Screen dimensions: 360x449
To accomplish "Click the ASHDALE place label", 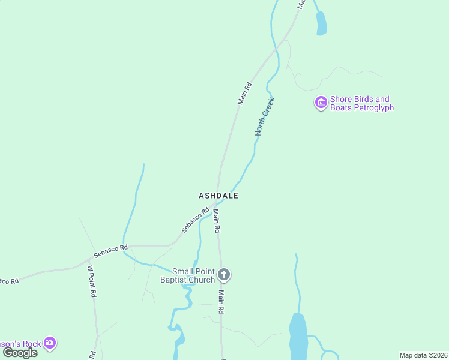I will (218, 196).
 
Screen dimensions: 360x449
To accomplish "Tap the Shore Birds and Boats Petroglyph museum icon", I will (321, 103).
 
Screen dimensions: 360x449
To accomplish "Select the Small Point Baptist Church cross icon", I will (223, 275).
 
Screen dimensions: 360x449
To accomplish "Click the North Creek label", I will (264, 116).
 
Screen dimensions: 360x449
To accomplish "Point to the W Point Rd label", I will (92, 281).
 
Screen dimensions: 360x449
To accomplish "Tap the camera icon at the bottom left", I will (50, 344).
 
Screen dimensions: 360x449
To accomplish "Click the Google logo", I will (20, 353).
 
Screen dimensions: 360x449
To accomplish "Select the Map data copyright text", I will (423, 355).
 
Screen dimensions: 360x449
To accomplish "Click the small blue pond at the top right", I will (321, 24).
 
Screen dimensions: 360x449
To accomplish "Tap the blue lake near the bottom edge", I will (298, 336).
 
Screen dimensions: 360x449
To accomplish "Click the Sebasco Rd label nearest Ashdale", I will (195, 220).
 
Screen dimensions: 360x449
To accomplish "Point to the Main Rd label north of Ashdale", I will (244, 94).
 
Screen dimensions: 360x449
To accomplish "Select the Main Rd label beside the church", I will (221, 302).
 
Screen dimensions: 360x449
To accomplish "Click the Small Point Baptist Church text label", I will (187, 275).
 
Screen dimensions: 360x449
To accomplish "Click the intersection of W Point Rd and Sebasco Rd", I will (89, 259).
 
